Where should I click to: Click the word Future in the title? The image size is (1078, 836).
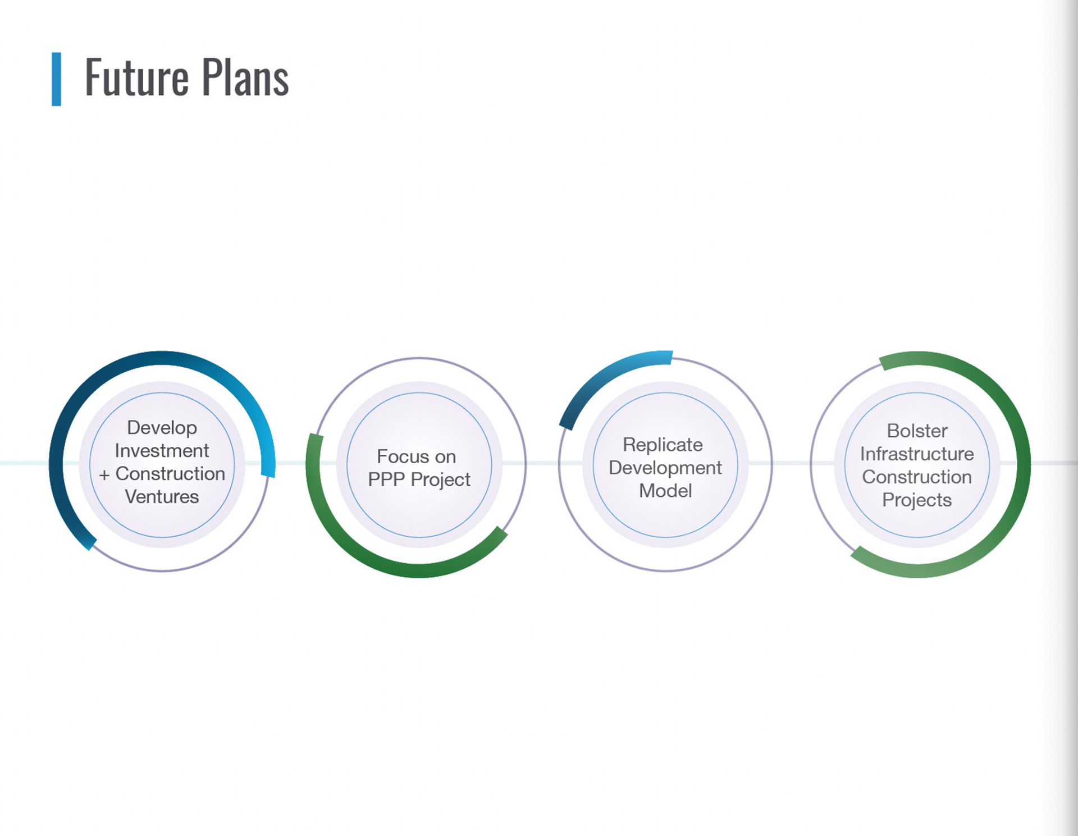[x=136, y=78]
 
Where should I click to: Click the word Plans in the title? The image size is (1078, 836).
[x=245, y=78]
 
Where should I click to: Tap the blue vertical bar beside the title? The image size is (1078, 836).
[x=56, y=79]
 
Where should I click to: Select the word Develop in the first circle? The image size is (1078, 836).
[x=162, y=428]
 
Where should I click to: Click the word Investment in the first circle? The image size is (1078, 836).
[x=162, y=451]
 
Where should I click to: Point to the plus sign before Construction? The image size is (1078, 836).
[x=104, y=475]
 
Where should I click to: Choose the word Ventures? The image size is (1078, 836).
[x=162, y=497]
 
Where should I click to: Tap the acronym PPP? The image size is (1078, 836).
[x=386, y=480]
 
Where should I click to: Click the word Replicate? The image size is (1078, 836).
[x=663, y=445]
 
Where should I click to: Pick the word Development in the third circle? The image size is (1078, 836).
[x=665, y=468]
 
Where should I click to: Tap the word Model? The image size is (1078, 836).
[x=665, y=491]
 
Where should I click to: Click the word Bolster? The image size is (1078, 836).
[x=917, y=431]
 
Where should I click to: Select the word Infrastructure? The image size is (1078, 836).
[x=917, y=454]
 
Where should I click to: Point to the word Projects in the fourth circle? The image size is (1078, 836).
[x=917, y=500]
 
